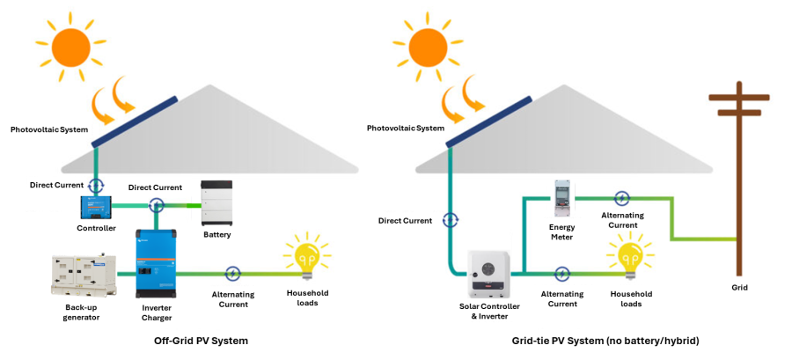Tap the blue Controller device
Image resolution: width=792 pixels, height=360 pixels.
coord(96,207)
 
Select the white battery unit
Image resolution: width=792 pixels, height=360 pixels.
coord(218,204)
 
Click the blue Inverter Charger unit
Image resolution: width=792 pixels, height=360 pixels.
coord(155,263)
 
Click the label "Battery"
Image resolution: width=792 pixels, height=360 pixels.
coord(217,235)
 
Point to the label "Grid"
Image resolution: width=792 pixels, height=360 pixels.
coord(740,287)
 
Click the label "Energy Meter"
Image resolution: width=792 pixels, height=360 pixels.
coord(561,232)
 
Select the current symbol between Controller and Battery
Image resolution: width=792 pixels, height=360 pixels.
coord(157,205)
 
